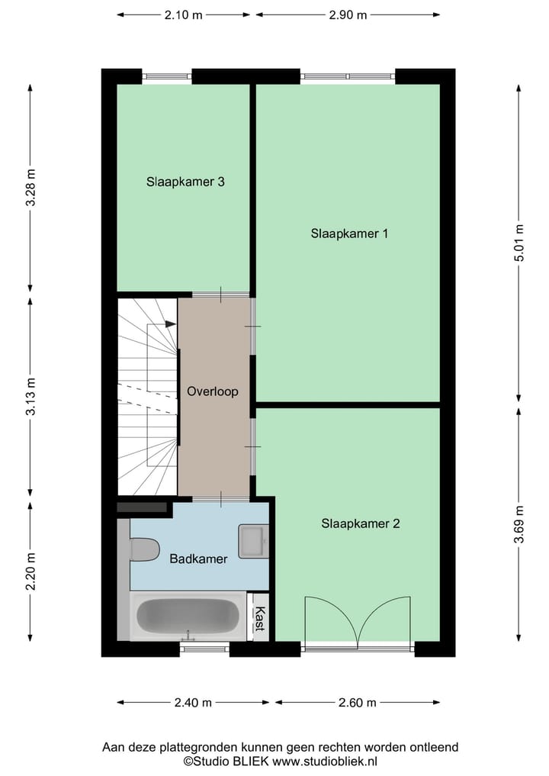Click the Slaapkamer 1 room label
(349, 233)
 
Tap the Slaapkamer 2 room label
(360, 523)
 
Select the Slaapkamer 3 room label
(185, 182)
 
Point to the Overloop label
(213, 391)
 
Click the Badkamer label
(198, 559)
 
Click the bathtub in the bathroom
(188, 617)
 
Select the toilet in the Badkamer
(143, 549)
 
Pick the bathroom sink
(253, 541)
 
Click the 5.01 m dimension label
(519, 243)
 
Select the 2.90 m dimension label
(348, 14)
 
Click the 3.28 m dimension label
(30, 188)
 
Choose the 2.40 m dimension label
(194, 703)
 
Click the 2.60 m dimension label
(358, 703)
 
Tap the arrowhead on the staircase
(171, 324)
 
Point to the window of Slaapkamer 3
(166, 76)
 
